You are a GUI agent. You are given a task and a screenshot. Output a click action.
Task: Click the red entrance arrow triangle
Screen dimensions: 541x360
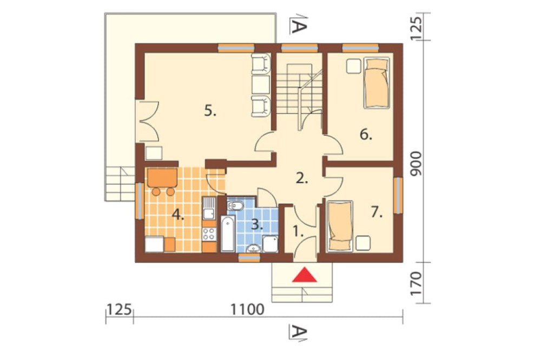(304, 275)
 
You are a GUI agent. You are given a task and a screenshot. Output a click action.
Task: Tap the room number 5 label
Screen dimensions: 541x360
(210, 111)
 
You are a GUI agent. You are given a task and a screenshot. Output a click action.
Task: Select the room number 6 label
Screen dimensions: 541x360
(366, 135)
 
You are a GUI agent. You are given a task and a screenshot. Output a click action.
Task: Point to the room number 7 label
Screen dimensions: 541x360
(377, 212)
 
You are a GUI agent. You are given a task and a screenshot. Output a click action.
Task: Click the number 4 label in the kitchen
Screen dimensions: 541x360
(178, 215)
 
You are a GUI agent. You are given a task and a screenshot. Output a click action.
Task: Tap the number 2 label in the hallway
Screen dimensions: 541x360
(302, 178)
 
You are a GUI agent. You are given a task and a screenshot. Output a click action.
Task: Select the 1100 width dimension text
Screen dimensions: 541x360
(247, 309)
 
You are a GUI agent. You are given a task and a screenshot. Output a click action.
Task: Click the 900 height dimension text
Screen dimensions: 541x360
(417, 163)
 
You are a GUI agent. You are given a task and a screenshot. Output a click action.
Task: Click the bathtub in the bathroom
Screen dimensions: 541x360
(228, 234)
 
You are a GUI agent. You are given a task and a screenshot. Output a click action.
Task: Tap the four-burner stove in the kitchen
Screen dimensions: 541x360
(209, 234)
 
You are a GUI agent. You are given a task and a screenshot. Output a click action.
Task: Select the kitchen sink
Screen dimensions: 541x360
(209, 208)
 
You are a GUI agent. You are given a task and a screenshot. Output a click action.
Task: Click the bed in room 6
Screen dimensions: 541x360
(377, 82)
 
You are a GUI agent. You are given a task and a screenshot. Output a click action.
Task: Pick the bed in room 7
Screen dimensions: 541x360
(340, 226)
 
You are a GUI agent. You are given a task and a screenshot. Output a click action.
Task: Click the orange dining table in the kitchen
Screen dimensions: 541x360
(162, 178)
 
